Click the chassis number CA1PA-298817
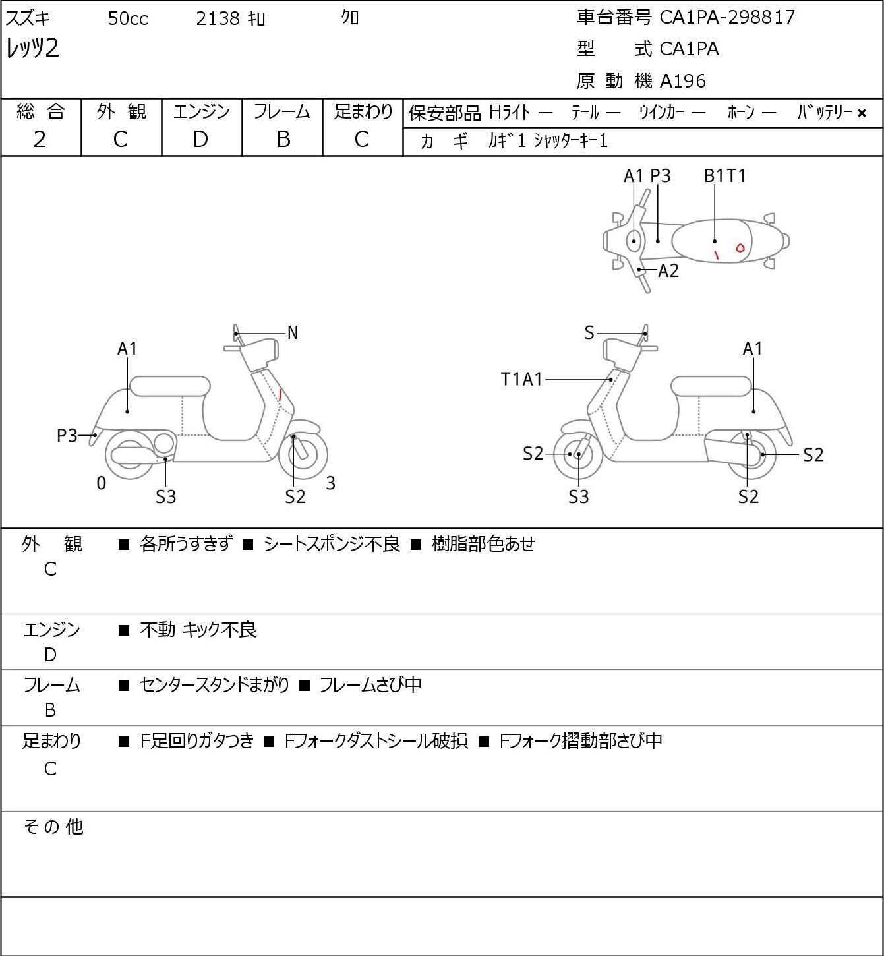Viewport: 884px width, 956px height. [727, 17]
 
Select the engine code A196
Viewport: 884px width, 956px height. [683, 81]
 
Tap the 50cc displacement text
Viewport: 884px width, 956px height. [128, 18]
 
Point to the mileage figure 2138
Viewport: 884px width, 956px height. [218, 18]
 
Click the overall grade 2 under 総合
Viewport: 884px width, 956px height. [40, 140]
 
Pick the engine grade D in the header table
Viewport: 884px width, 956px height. [201, 140]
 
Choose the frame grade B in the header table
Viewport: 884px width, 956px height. [283, 140]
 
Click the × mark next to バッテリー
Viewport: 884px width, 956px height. [862, 113]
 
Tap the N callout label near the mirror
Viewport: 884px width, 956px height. [293, 333]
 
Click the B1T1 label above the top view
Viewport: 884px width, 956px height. [724, 175]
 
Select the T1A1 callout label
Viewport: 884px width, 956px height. [521, 379]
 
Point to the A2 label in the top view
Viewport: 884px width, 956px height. [668, 270]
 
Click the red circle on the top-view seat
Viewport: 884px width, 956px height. [740, 248]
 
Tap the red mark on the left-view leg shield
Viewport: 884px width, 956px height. [280, 395]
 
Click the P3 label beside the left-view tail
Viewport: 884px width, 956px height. [67, 435]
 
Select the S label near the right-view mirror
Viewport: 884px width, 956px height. [589, 333]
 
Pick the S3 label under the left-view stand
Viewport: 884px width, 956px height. [165, 496]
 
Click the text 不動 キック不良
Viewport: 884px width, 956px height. [198, 630]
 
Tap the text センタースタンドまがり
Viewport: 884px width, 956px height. [214, 685]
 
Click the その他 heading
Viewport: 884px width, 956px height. [53, 826]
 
